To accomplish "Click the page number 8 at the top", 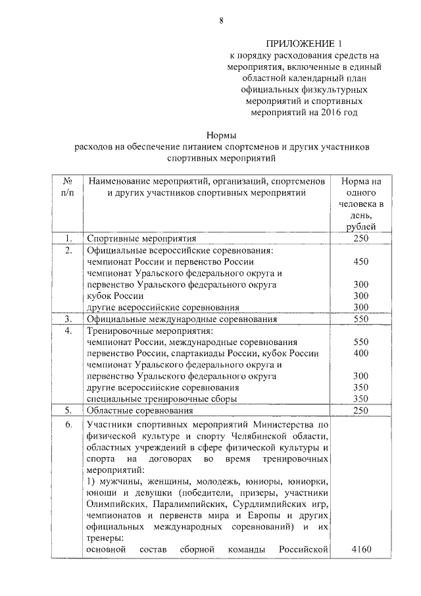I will pos(222,20).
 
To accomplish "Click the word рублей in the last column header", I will pos(361,227).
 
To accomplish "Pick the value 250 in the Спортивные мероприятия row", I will pos(361,238).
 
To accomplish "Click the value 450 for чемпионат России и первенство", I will pos(361,261).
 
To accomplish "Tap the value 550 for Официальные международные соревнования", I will pos(361,319).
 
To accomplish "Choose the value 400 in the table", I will pos(361,353).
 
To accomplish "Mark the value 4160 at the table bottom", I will pos(361,549).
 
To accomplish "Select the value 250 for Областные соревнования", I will pos(361,410).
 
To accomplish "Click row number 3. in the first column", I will pos(67,319).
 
